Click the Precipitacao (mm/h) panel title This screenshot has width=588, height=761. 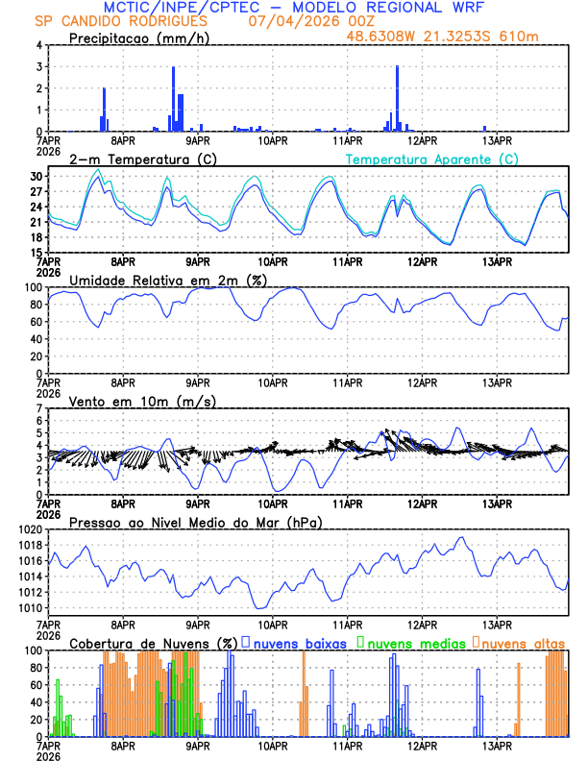point(139,38)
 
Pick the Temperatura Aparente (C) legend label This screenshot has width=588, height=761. point(432,159)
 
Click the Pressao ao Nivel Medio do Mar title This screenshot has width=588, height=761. point(196,522)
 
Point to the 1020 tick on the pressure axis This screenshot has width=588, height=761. point(29,529)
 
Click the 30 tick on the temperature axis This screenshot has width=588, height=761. point(35,177)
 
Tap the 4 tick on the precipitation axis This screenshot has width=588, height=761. point(38,45)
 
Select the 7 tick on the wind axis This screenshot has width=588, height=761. point(38,408)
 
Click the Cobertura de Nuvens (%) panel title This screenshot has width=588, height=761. point(154,643)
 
